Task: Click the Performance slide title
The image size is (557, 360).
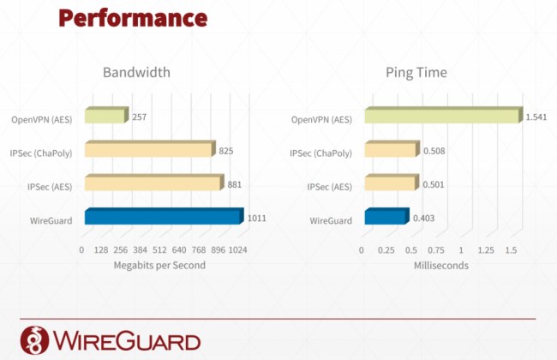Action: click(x=133, y=18)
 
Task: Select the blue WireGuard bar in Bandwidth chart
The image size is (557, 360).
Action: click(x=165, y=216)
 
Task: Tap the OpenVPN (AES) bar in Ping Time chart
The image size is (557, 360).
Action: click(x=444, y=115)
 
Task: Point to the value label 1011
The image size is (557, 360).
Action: click(x=257, y=218)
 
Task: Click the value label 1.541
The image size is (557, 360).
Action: click(x=536, y=117)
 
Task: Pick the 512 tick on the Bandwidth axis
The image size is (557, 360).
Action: click(x=159, y=249)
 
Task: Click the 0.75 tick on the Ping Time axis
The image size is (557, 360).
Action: click(x=436, y=250)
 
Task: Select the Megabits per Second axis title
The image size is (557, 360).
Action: click(x=159, y=265)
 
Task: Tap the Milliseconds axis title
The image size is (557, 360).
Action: click(x=440, y=265)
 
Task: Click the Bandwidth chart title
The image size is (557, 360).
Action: click(x=136, y=72)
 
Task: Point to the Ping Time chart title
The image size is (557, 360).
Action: click(x=416, y=73)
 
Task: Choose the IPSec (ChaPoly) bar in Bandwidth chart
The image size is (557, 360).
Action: click(x=150, y=148)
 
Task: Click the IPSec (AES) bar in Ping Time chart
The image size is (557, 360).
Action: click(x=392, y=183)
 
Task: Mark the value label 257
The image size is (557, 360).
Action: click(x=139, y=117)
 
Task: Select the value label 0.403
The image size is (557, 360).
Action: click(x=424, y=218)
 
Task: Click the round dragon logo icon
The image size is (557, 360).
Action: click(x=34, y=340)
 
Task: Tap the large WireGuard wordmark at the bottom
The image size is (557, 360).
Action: click(x=127, y=340)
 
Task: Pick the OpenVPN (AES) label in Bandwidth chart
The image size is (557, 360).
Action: click(x=42, y=119)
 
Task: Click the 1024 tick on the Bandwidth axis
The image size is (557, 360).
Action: click(x=237, y=249)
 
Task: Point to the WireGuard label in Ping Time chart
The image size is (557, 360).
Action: click(x=331, y=220)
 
